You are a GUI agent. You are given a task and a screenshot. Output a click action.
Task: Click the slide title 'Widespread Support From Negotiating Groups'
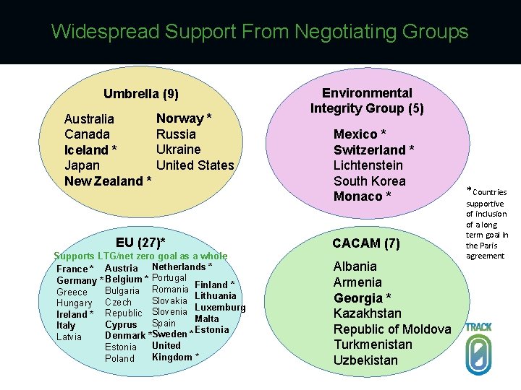[x=260, y=32]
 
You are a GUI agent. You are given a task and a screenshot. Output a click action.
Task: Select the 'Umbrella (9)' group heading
[x=140, y=94]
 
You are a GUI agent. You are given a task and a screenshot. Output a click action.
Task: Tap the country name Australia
[x=89, y=118]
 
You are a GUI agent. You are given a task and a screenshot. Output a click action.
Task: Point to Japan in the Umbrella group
[x=82, y=165]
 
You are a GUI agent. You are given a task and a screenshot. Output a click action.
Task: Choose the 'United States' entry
[x=195, y=165]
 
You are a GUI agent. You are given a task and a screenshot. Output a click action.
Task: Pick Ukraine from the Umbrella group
[x=178, y=149]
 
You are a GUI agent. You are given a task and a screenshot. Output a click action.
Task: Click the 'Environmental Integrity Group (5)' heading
[x=367, y=100]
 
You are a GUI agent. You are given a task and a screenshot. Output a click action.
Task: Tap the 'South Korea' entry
[x=369, y=181]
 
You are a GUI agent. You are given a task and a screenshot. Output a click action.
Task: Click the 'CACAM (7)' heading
[x=365, y=243]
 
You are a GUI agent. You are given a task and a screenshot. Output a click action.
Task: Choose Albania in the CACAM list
[x=355, y=266]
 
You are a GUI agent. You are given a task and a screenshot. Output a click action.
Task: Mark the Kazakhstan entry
[x=367, y=313]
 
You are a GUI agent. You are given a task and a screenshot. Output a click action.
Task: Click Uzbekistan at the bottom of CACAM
[x=365, y=360]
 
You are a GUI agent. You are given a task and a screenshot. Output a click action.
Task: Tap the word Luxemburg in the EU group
[x=220, y=308]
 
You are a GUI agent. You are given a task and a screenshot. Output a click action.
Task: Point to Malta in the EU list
[x=207, y=318]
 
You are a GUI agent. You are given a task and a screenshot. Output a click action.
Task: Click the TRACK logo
[x=478, y=349]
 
